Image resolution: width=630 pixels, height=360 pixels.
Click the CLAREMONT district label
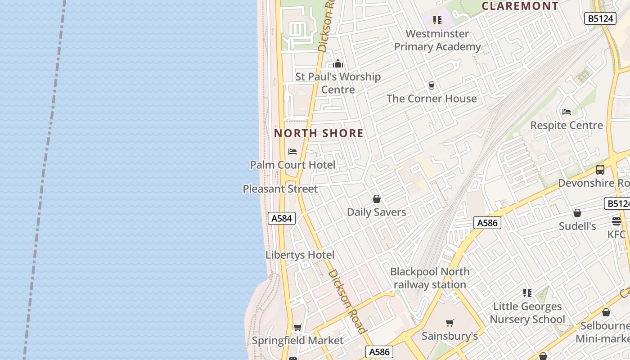(520, 6)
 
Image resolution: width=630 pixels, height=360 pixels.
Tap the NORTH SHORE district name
(319, 133)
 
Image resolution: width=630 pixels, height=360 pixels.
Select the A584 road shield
(282, 219)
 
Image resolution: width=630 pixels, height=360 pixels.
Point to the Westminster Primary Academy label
(437, 40)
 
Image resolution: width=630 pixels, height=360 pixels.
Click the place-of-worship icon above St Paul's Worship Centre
(338, 63)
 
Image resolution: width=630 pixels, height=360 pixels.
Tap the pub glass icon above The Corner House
(432, 85)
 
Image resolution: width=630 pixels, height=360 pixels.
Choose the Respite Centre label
(567, 125)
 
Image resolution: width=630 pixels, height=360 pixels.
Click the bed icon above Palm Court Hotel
(292, 152)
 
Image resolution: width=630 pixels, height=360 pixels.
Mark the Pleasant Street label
(280, 189)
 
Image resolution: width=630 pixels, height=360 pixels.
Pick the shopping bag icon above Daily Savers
(377, 199)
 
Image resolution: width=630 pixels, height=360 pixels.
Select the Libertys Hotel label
(300, 255)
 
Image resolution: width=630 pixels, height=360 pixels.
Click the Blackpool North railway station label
(430, 278)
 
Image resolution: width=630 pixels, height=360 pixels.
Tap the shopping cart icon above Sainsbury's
(450, 323)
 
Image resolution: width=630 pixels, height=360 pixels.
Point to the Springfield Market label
(297, 341)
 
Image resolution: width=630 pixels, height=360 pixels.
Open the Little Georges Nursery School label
(527, 313)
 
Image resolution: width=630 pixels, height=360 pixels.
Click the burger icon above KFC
(616, 221)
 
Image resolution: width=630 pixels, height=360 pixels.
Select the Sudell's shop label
(577, 226)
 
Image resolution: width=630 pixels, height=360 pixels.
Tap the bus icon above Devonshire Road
(600, 170)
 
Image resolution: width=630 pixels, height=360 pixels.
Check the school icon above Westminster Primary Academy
(437, 20)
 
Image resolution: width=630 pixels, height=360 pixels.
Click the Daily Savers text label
(377, 212)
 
